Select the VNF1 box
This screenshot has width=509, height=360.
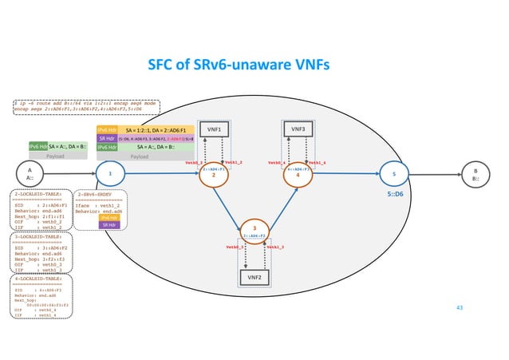tap(214, 129)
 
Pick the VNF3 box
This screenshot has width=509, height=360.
tap(297, 129)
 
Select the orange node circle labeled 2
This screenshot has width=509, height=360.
tap(214, 172)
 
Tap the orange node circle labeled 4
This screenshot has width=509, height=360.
tap(297, 172)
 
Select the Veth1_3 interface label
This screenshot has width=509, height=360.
tap(274, 248)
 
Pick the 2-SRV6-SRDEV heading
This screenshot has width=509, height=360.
tap(98, 194)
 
